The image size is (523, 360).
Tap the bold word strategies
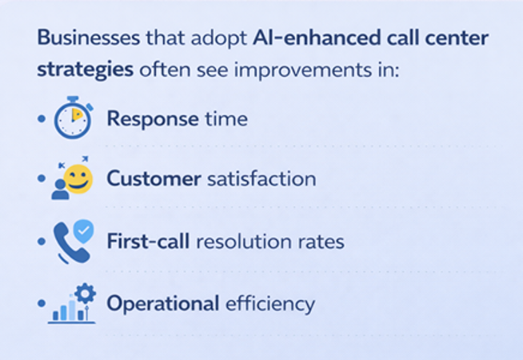click(86, 69)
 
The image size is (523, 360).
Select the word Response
click(152, 119)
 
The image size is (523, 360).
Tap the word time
click(225, 119)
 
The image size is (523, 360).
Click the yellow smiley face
click(78, 178)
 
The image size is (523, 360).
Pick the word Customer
click(154, 178)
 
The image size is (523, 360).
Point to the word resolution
click(249, 240)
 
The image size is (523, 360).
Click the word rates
click(322, 240)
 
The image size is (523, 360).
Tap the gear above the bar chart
click(85, 293)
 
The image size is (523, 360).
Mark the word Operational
click(163, 303)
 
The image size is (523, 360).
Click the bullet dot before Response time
click(41, 118)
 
